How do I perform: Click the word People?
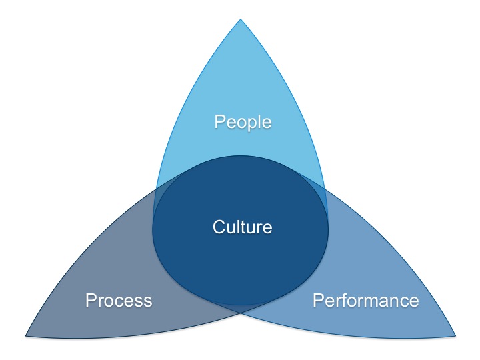243,122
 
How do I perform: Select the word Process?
119,300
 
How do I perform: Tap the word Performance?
366,300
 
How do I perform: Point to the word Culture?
243,227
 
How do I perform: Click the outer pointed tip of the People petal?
241,19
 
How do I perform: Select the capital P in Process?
91,300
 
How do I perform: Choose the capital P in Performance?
319,300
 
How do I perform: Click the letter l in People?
259,122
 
